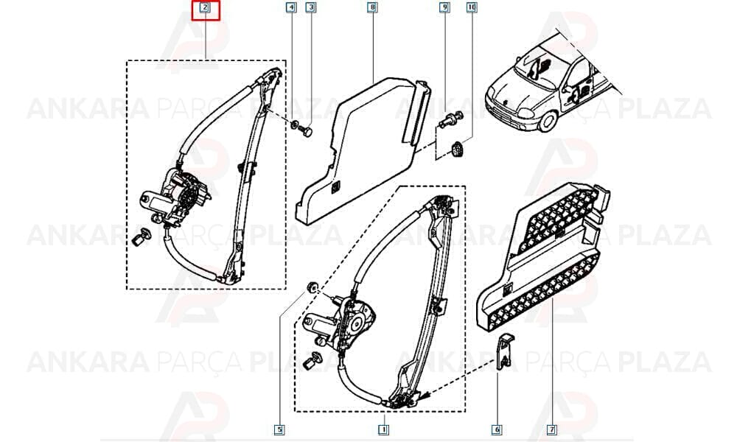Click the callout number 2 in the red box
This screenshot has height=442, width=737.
click(x=205, y=7)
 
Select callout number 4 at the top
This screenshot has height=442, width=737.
click(x=291, y=7)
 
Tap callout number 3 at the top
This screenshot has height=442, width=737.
click(x=310, y=7)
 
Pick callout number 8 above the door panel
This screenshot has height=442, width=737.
click(x=372, y=7)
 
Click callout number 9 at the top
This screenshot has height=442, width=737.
click(x=444, y=7)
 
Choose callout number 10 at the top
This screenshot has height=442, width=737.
click(x=472, y=7)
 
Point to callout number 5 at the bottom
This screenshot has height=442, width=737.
click(x=279, y=429)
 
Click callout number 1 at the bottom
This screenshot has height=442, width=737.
click(x=383, y=429)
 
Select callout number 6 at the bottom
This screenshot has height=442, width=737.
click(x=497, y=429)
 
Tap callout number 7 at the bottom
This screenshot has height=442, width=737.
click(x=552, y=429)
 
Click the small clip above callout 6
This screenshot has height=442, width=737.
click(x=505, y=351)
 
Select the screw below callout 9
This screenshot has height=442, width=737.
click(x=451, y=119)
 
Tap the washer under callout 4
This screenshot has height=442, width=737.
click(x=296, y=124)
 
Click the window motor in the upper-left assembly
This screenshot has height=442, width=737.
click(x=175, y=197)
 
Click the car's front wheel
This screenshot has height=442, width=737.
click(x=547, y=120)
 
